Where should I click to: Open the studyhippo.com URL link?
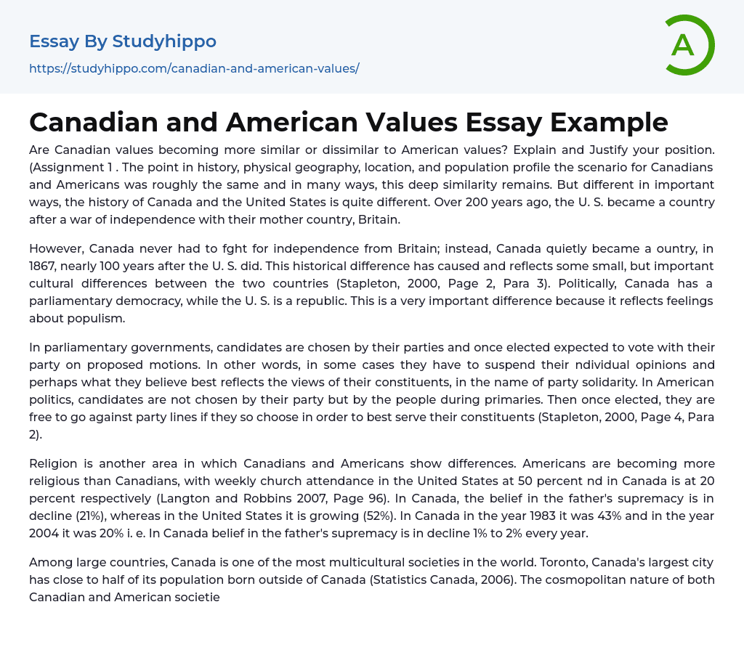click(194, 68)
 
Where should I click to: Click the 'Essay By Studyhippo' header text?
click(123, 41)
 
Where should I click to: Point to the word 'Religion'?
click(55, 463)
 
